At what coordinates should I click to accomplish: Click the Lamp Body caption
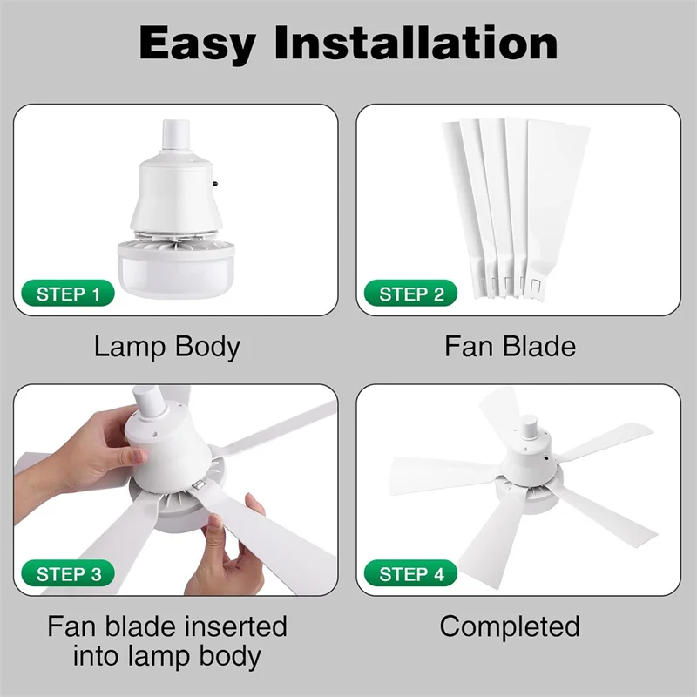tap(166, 346)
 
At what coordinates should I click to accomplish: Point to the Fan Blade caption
tap(510, 346)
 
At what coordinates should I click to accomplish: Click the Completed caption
tap(510, 626)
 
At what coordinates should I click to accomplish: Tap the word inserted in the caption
tap(234, 626)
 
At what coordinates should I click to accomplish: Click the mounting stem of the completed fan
tap(527, 429)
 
